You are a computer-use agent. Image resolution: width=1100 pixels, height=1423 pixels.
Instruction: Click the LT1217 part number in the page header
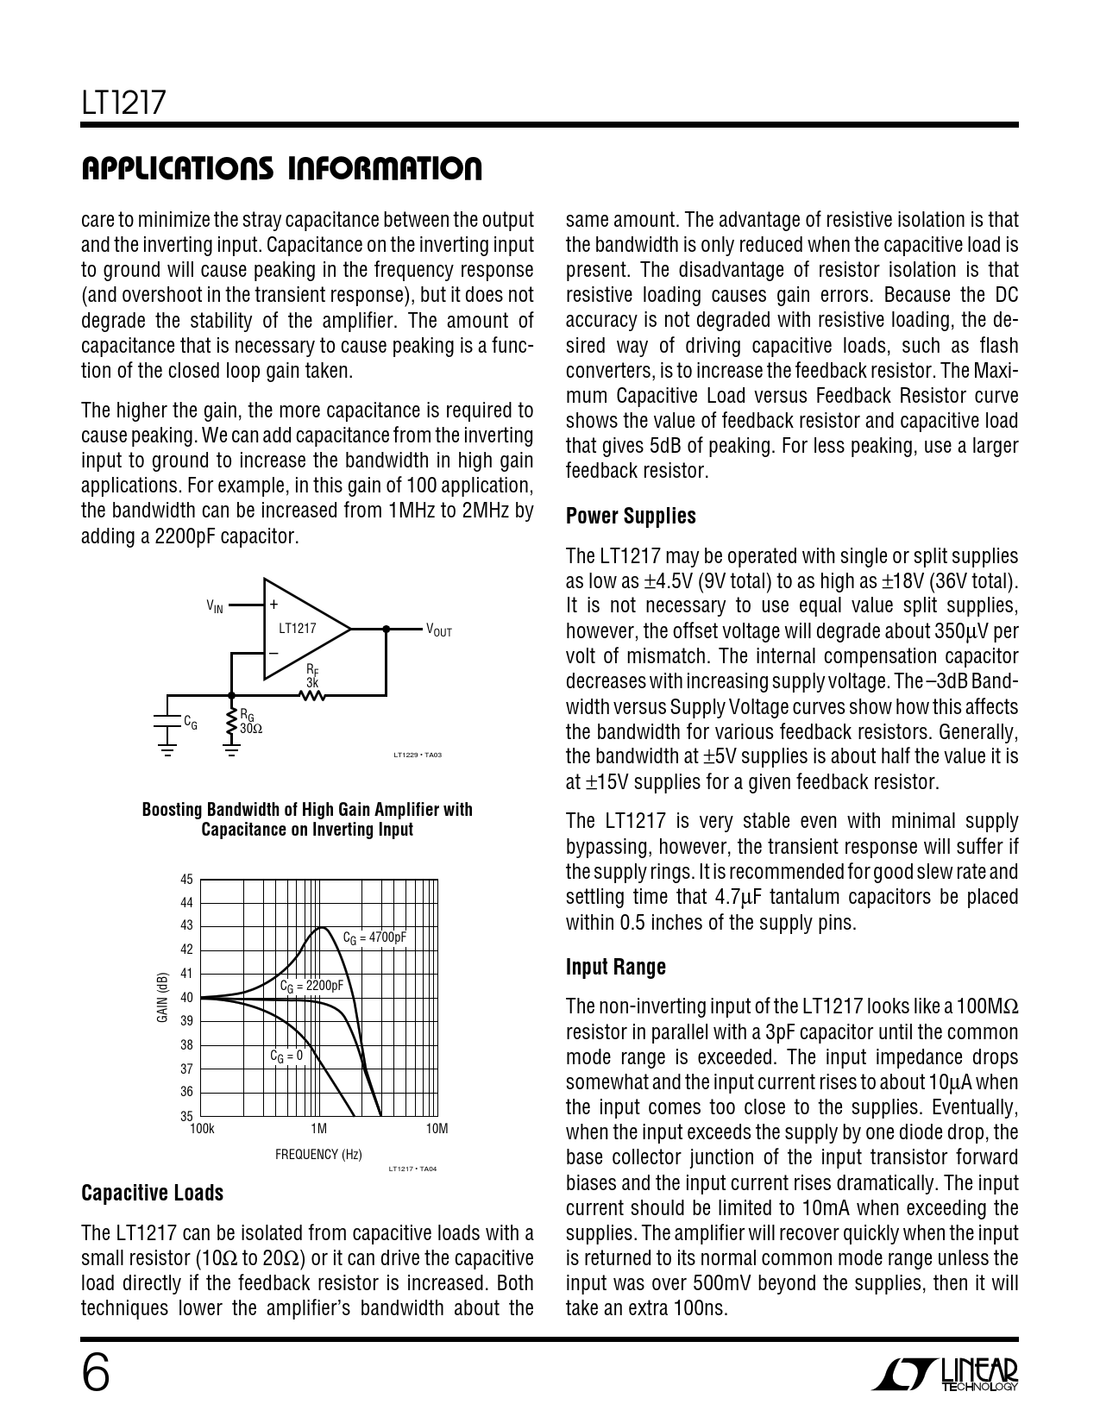point(123,104)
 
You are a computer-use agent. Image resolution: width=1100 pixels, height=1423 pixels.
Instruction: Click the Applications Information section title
point(281,169)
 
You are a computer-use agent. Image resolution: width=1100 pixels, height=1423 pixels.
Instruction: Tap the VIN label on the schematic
point(215,607)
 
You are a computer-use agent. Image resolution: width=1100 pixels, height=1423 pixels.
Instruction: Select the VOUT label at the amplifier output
point(438,630)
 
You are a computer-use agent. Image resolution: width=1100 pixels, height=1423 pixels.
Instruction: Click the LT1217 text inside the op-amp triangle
point(298,629)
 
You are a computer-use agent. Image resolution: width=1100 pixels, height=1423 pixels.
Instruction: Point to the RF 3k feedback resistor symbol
point(312,693)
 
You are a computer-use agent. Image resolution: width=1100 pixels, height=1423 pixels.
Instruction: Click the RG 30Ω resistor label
point(251,721)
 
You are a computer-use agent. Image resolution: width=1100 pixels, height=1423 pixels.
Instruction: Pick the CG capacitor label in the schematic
point(191,723)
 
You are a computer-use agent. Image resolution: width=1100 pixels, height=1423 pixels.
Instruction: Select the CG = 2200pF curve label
point(311,986)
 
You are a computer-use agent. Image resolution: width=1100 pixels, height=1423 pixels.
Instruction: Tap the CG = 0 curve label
point(286,1056)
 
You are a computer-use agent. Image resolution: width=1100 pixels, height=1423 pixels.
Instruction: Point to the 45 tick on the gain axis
point(186,880)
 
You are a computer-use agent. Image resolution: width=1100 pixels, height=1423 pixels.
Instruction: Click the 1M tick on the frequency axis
point(318,1129)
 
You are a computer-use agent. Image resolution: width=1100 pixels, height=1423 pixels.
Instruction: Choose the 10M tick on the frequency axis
point(437,1129)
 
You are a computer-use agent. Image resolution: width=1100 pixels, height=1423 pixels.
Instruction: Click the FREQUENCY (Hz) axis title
point(318,1154)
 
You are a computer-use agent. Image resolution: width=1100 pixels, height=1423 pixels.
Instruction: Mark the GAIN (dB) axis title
point(162,998)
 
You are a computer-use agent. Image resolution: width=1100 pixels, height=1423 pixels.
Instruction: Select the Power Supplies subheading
point(631,517)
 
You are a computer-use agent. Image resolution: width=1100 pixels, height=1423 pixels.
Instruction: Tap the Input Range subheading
point(616,967)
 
